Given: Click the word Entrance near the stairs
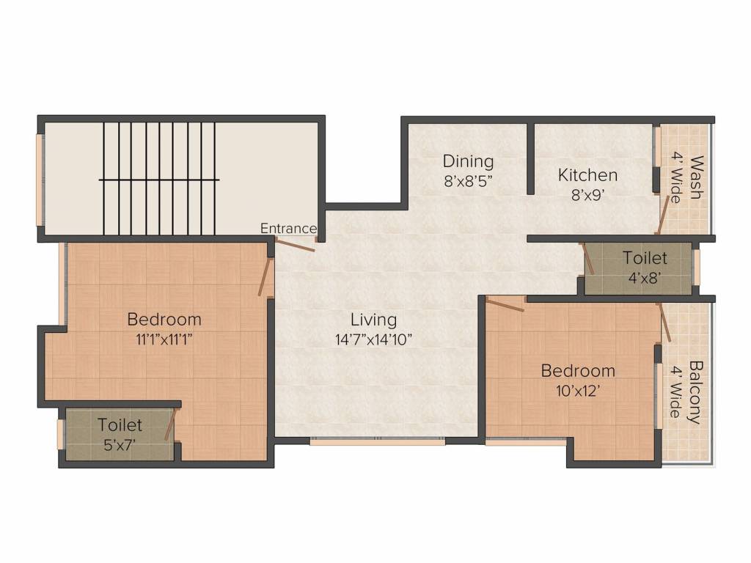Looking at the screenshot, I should click(x=289, y=229).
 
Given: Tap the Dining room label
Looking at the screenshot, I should click(x=468, y=161).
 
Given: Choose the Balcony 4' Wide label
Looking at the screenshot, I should click(x=687, y=392).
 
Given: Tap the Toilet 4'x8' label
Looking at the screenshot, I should click(x=645, y=268).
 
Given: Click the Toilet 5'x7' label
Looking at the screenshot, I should click(x=120, y=434).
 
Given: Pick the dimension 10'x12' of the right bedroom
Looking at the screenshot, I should click(x=578, y=390).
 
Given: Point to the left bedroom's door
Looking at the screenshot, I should click(x=265, y=276).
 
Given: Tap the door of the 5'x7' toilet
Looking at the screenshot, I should click(x=171, y=424).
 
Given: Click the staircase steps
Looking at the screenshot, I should click(x=160, y=178).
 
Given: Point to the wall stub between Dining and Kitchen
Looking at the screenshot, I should click(x=530, y=158).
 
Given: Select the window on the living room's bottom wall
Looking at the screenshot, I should click(x=377, y=441).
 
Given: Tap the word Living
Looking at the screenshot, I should click(x=373, y=320).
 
